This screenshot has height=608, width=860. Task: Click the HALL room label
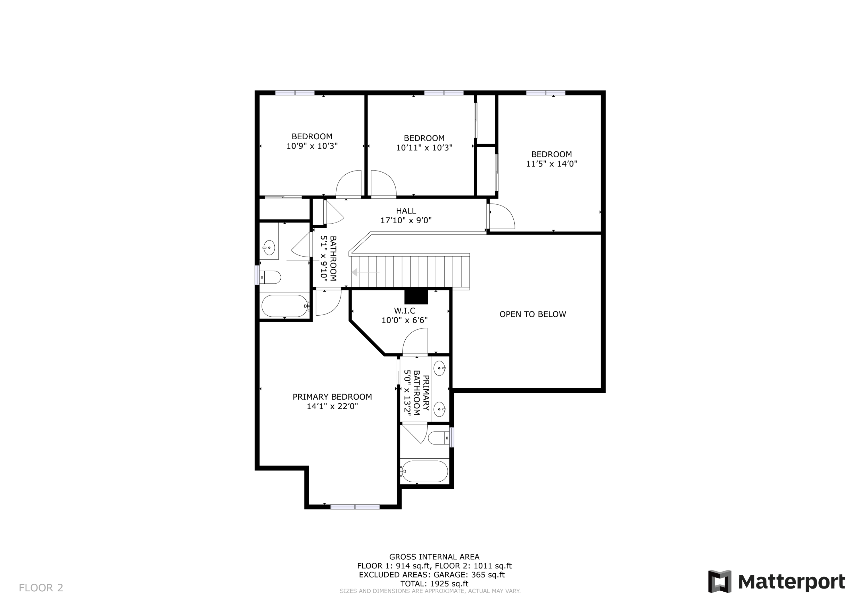[406, 211]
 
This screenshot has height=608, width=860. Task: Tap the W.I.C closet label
[404, 310]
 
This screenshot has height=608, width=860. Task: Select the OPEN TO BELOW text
[533, 314]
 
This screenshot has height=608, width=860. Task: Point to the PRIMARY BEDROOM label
[332, 397]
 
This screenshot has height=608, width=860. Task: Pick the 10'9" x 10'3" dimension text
[312, 146]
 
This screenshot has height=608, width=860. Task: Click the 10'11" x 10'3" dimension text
[424, 148]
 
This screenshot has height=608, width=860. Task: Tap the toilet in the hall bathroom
[270, 277]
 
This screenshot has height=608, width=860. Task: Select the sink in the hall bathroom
[269, 248]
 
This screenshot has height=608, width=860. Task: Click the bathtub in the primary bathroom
[424, 471]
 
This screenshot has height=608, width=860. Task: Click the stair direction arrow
[365, 272]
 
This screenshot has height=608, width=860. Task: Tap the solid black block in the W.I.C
[416, 297]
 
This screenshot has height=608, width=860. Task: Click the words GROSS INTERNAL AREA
[434, 557]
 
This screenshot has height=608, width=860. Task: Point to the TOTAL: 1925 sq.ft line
[434, 584]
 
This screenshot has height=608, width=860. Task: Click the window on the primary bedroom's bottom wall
[355, 507]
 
